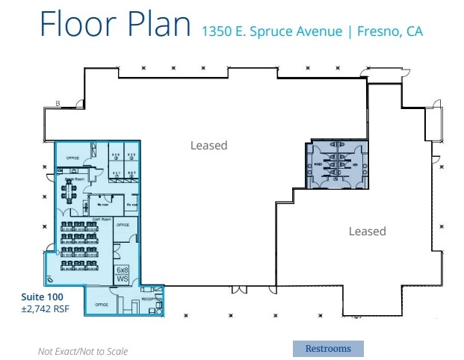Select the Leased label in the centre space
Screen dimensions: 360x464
tap(208, 145)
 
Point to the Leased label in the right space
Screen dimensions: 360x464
tap(367, 232)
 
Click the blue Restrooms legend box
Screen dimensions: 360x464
tap(327, 348)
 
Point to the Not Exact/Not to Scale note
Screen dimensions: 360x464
tap(83, 351)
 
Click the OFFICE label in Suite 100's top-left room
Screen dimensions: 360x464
tap(73, 158)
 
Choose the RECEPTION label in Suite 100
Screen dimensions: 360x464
tap(150, 298)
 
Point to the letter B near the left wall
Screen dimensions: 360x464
tap(58, 103)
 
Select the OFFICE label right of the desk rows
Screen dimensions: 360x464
tap(123, 225)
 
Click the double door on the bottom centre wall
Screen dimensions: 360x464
tap(237, 289)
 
